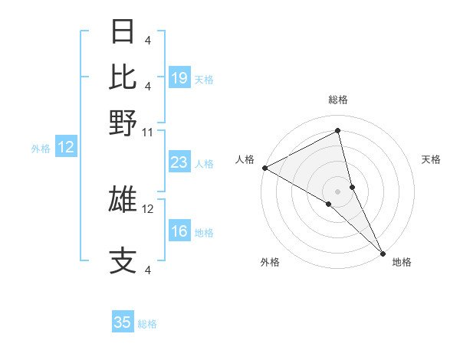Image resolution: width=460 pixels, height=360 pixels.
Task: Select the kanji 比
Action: pos(123,77)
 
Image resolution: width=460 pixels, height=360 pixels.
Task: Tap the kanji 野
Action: pos(123,122)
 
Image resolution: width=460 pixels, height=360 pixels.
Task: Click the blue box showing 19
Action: pos(179,78)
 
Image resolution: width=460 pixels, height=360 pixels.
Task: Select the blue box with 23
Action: pos(179,162)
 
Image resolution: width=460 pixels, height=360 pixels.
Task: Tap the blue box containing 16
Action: pos(179,232)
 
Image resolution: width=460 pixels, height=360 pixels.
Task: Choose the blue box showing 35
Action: pos(123,322)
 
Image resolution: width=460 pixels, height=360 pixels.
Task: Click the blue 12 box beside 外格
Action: pos(66,148)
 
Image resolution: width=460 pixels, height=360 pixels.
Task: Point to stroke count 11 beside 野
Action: pos(148,132)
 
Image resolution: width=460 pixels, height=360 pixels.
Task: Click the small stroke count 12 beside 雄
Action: pos(148,208)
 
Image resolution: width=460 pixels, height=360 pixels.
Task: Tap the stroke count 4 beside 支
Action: pos(148,269)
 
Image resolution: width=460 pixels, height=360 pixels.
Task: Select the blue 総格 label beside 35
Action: pos(147,324)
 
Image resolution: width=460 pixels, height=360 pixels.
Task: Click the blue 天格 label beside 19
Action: pos(204,79)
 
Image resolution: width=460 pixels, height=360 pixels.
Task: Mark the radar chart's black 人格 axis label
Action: pos(245,159)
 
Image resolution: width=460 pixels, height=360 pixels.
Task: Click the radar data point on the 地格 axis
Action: pos(383,252)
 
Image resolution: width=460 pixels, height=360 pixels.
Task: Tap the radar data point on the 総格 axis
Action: pos(338,132)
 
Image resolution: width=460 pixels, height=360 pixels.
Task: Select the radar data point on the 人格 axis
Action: pos(264,168)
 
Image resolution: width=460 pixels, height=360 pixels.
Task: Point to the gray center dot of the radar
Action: pos(338,191)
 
